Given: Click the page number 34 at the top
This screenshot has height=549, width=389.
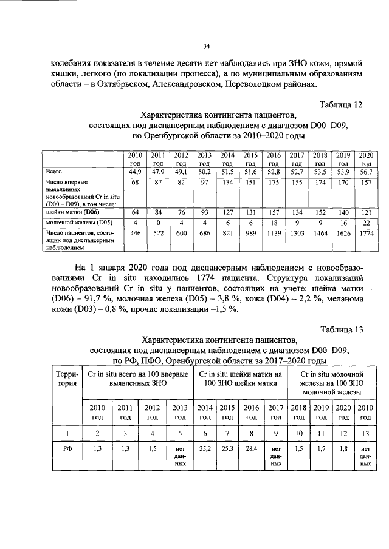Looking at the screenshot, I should pos(206,46).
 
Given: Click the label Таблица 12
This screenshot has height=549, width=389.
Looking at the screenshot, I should pos(341,104).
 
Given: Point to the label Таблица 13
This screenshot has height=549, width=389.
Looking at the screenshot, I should pos(341,329).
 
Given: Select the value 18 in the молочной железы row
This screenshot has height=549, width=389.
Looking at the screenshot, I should pos(274,223).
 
